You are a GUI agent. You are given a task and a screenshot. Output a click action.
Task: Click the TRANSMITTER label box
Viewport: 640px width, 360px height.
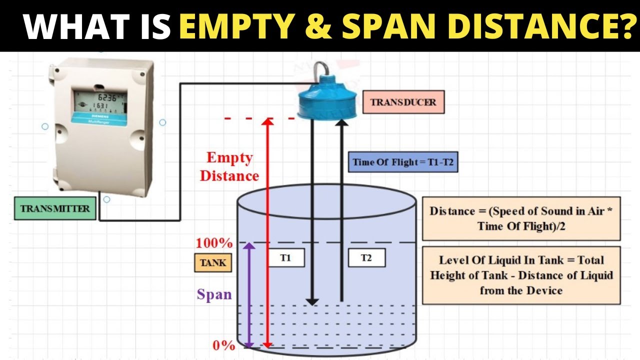coord(55,208)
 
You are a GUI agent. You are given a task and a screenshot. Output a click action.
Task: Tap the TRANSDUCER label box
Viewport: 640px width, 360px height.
coord(403,102)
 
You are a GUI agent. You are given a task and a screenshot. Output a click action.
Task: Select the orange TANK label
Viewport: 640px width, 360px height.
coord(213,262)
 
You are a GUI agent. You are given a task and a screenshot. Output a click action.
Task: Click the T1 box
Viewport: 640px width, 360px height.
coord(286,257)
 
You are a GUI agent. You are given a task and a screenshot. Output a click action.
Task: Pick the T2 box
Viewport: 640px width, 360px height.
coord(366,257)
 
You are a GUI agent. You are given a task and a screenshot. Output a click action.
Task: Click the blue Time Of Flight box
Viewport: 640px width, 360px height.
coord(403,162)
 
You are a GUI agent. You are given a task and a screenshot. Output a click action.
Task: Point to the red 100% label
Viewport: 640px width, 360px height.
coord(214,243)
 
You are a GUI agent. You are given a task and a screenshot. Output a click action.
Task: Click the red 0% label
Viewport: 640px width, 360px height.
coord(224,345)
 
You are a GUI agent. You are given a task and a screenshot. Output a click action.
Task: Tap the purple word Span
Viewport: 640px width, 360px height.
coord(214,294)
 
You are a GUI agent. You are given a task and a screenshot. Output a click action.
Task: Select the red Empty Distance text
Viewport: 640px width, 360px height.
coord(229,166)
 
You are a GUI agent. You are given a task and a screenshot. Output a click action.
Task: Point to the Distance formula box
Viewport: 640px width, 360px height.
coord(521,218)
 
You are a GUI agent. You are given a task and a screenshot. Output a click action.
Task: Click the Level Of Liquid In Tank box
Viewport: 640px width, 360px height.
coord(521,275)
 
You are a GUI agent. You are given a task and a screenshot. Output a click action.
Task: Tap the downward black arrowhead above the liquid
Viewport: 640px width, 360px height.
coord(312,302)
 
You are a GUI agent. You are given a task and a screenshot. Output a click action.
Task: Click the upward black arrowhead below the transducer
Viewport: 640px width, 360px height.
coord(341,122)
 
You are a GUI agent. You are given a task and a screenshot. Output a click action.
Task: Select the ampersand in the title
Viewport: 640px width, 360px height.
coord(318,26)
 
